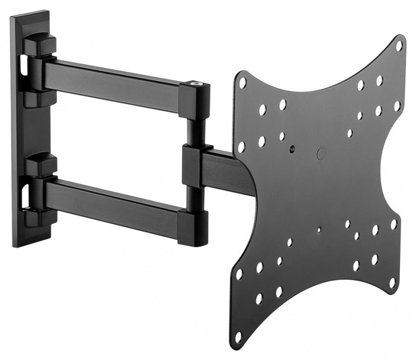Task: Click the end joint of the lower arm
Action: (x=193, y=227)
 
